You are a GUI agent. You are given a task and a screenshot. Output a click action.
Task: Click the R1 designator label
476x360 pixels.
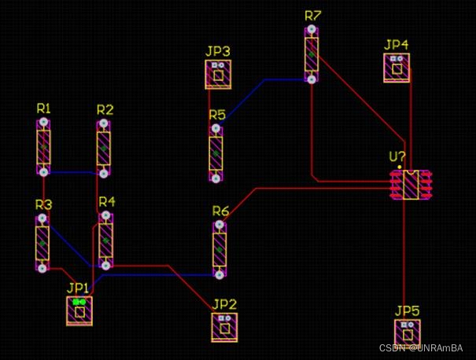pyautogui.click(x=43, y=108)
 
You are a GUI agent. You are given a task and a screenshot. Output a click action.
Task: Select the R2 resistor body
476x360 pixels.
pyautogui.click(x=104, y=148)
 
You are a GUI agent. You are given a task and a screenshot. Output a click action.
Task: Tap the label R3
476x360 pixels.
pyautogui.click(x=43, y=204)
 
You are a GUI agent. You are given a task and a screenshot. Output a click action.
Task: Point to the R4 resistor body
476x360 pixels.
pyautogui.click(x=105, y=241)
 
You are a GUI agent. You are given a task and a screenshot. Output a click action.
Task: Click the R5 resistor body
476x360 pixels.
pyautogui.click(x=216, y=152)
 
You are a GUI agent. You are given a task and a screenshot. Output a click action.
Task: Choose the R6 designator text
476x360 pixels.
pyautogui.click(x=220, y=211)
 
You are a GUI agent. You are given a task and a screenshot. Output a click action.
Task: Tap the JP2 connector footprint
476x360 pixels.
pyautogui.click(x=224, y=327)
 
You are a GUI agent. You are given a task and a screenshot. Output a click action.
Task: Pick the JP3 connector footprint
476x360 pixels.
pyautogui.click(x=218, y=74)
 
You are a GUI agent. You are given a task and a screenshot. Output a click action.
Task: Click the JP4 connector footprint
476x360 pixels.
pyautogui.click(x=397, y=68)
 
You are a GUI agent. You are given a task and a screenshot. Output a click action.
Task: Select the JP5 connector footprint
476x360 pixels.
pyautogui.click(x=408, y=333)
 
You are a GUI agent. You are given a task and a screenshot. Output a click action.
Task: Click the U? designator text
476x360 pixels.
pyautogui.click(x=397, y=156)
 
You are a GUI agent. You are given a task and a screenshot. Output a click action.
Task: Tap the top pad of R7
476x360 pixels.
pyautogui.click(x=312, y=29)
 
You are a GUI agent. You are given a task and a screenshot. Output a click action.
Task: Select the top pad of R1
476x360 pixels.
pyautogui.click(x=43, y=123)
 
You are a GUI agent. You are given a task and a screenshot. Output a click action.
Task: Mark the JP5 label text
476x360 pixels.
pyautogui.click(x=408, y=310)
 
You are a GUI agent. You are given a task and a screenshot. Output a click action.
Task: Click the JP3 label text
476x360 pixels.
pyautogui.click(x=218, y=51)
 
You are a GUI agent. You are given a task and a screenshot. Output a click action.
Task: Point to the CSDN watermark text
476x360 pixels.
pyautogui.click(x=421, y=347)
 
